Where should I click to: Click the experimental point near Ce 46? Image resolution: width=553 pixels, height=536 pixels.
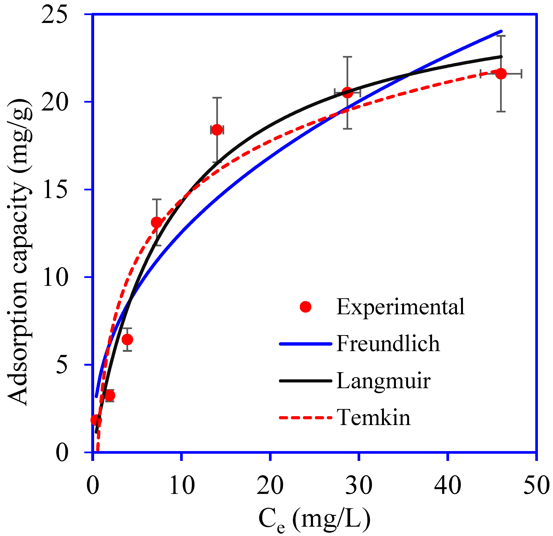coord(501,74)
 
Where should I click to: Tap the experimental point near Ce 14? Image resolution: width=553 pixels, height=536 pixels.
coord(217,130)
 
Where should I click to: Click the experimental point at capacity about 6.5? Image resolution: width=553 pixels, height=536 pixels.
coord(127,340)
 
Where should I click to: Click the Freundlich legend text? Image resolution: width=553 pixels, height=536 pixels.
coord(388,344)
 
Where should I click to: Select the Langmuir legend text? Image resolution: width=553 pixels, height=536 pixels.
coord(383,381)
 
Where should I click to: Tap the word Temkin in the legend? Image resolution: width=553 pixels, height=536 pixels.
coord(373,418)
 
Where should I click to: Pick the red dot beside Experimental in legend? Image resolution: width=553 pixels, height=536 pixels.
coord(306,307)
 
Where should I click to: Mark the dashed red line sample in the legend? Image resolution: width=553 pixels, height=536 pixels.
coord(306,418)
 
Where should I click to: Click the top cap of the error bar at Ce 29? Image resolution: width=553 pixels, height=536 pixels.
coord(347,57)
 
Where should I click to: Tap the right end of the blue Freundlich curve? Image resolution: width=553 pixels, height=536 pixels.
coord(501,31)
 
